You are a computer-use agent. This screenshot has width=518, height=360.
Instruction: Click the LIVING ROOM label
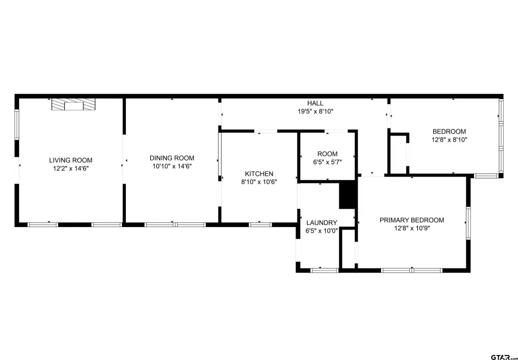click(x=71, y=160)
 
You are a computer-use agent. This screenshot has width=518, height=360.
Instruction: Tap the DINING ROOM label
click(x=172, y=158)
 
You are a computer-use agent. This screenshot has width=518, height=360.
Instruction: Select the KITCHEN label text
click(x=259, y=174)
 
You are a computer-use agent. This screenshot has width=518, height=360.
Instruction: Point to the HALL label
click(x=315, y=103)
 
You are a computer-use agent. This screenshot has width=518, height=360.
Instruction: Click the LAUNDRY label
click(x=321, y=222)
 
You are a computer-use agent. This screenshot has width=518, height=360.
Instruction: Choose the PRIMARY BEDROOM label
click(x=412, y=220)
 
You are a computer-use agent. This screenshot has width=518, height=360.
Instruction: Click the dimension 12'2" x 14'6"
click(x=71, y=168)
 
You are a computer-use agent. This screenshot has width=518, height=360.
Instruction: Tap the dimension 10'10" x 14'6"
click(x=172, y=166)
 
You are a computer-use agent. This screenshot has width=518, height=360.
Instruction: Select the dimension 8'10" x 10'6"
click(x=259, y=182)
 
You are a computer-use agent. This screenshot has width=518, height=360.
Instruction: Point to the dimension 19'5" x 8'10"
click(x=315, y=111)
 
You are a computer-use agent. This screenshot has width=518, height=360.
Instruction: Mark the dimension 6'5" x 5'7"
click(x=327, y=162)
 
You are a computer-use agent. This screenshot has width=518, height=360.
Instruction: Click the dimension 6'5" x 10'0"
click(x=321, y=231)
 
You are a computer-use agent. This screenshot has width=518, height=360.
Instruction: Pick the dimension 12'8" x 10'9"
click(x=412, y=228)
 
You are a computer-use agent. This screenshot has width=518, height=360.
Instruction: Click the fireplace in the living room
click(x=73, y=104)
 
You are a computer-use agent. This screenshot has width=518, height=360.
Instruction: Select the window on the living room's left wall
click(x=17, y=124)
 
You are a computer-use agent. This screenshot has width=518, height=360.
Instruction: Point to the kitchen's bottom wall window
click(x=261, y=225)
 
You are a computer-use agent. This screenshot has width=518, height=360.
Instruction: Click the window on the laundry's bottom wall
click(x=325, y=271)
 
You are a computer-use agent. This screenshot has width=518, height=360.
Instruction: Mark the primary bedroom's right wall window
click(x=468, y=223)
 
